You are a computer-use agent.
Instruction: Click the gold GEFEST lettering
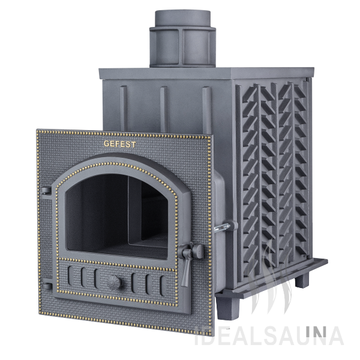point(119,144)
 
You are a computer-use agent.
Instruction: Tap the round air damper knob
point(115,282)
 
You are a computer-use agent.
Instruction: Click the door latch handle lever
point(185,271)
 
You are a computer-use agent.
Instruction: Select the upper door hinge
point(46,191)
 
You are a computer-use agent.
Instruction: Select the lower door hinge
point(47,286)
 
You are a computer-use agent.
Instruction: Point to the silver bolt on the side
point(222,227)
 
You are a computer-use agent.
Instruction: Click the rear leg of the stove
point(302,280)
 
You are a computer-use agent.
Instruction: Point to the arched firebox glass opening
point(116,216)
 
